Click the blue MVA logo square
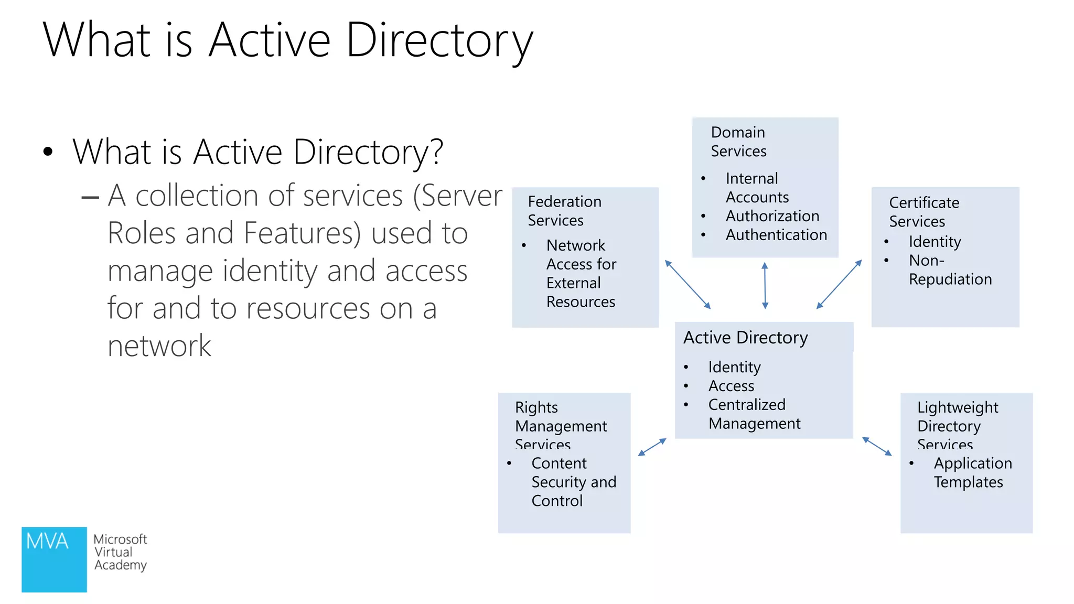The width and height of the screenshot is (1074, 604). (54, 559)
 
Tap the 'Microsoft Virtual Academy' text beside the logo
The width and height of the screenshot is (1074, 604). (120, 552)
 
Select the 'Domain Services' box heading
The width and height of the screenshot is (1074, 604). (738, 142)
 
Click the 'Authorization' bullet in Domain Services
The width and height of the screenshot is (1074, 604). (772, 216)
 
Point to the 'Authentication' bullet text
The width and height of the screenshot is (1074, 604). (776, 235)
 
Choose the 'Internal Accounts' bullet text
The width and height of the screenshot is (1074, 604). (757, 188)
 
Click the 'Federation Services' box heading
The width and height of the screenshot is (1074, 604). (564, 211)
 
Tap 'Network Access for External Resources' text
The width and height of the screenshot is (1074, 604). (581, 273)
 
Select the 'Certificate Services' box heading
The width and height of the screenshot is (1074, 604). (924, 212)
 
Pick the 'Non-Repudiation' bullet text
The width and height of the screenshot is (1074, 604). (950, 269)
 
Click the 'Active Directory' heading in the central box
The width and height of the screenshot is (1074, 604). (745, 338)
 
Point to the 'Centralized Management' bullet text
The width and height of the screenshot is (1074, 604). (754, 414)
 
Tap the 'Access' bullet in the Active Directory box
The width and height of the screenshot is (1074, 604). (731, 386)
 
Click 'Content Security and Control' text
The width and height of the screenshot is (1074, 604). (573, 482)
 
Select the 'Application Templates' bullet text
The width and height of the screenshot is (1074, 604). (972, 472)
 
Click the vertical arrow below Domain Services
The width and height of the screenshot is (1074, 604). (765, 285)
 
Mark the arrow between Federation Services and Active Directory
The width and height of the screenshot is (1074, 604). (688, 284)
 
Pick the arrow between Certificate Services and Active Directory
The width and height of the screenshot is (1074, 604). (839, 284)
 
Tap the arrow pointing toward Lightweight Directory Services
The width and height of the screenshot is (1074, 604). (877, 446)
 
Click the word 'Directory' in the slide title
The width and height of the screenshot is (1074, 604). (439, 41)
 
